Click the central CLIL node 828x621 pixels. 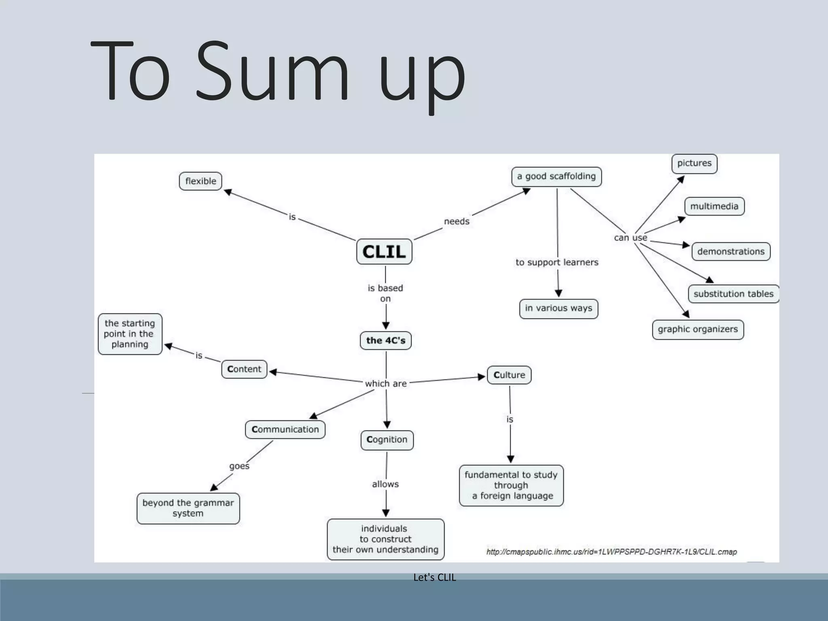tap(384, 252)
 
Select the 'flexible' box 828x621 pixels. tap(201, 181)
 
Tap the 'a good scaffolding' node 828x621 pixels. tap(556, 177)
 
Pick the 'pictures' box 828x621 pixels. tap(694, 163)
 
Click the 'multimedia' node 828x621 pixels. tap(714, 207)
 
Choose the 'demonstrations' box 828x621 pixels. tap(731, 251)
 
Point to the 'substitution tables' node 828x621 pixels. tap(733, 294)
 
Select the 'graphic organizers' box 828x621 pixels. tap(697, 330)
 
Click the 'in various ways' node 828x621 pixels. tap(558, 308)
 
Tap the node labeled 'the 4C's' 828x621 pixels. tap(386, 341)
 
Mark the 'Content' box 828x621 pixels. tap(244, 369)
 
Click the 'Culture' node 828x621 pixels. tap(509, 375)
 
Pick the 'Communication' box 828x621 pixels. tap(285, 429)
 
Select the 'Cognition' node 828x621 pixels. tap(387, 440)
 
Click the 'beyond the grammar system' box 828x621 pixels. tap(188, 508)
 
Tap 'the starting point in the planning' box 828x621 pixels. tap(130, 334)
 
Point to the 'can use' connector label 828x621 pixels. tap(630, 238)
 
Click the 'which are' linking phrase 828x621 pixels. tap(386, 384)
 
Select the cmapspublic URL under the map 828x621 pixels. tap(611, 552)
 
